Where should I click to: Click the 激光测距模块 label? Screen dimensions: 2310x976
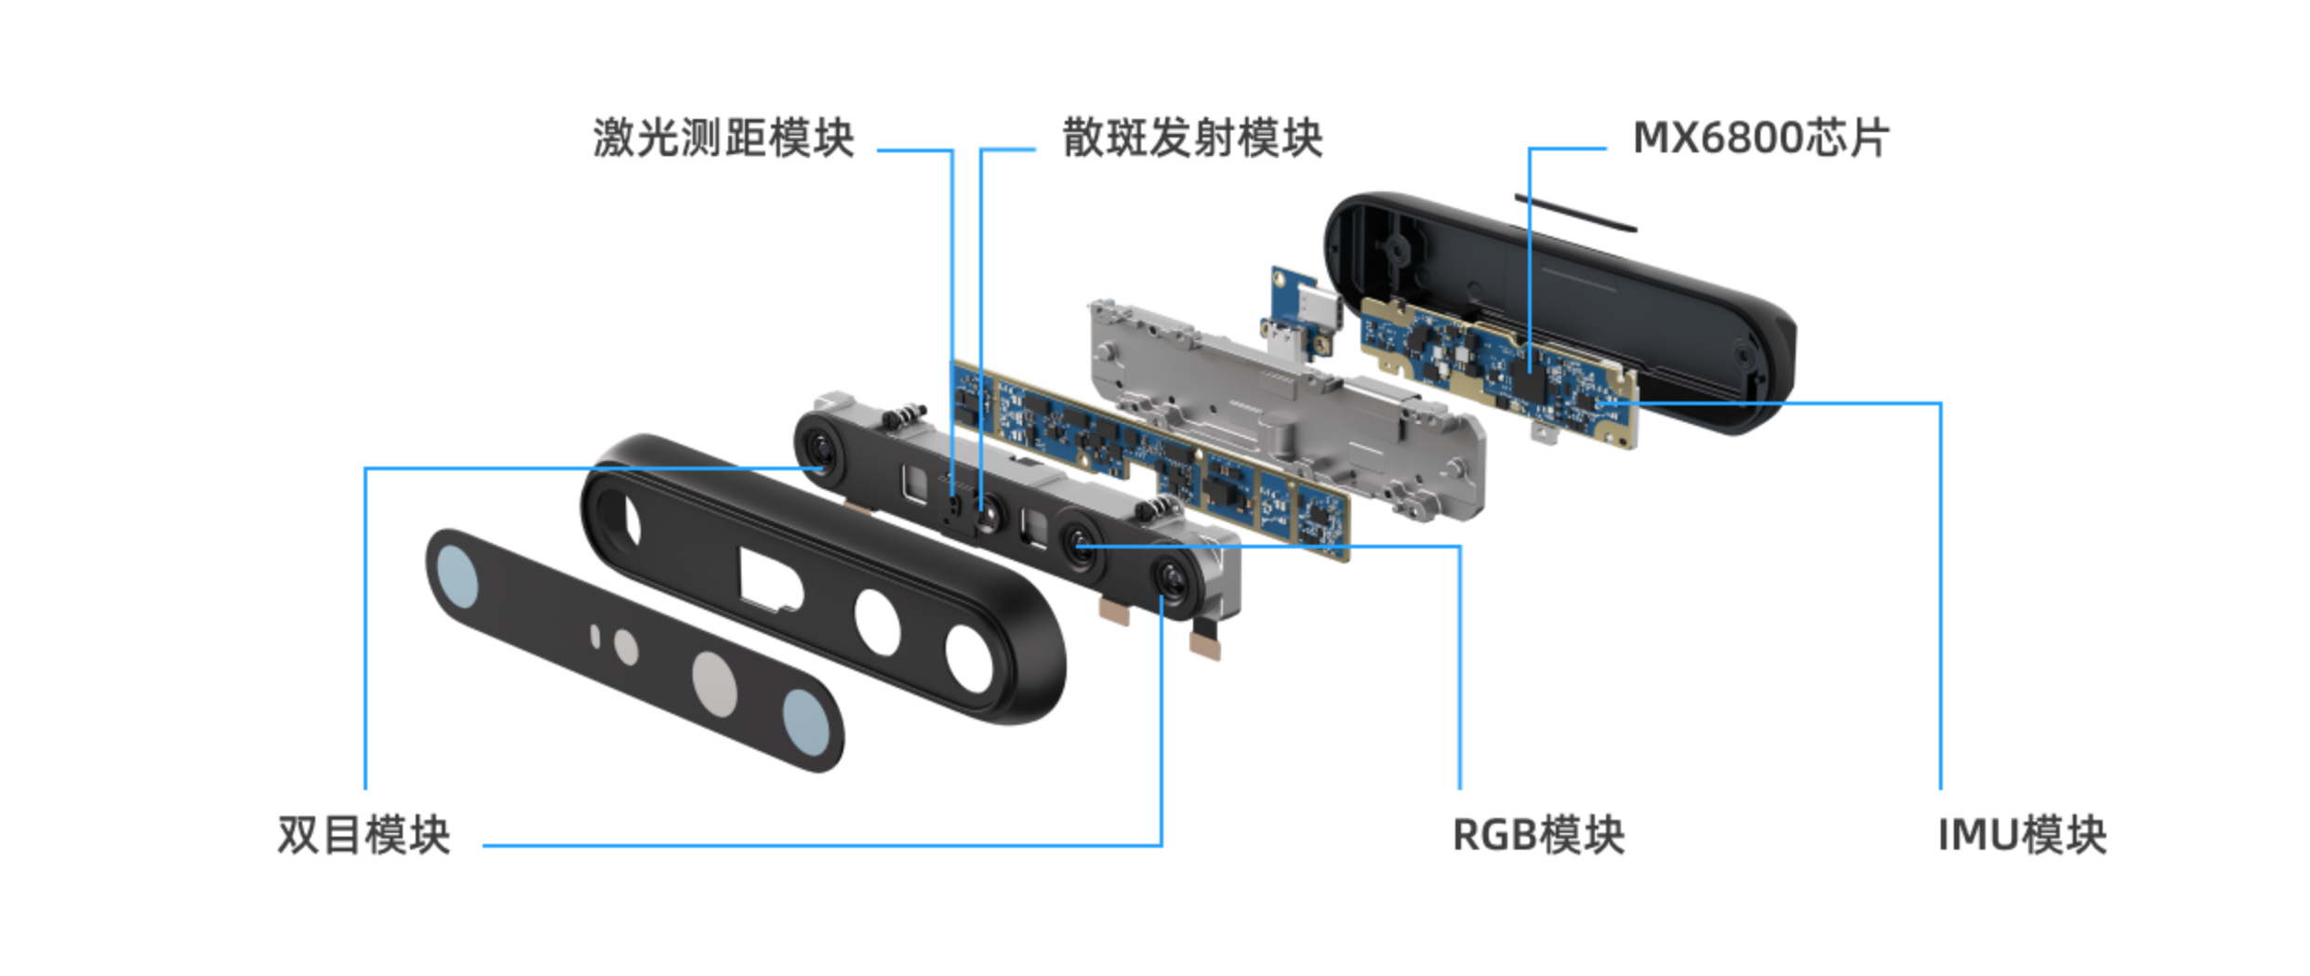[x=724, y=138]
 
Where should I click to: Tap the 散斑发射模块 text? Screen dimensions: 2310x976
[x=1192, y=138]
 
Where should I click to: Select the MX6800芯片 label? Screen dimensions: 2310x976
[x=1761, y=138]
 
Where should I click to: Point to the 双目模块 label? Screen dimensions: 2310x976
[x=364, y=834]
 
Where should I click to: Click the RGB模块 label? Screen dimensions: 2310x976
[x=1538, y=834]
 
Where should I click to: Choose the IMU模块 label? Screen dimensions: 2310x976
[x=2022, y=834]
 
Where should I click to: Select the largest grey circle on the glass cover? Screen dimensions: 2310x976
[x=714, y=685]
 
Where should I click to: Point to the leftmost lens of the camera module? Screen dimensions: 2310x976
[x=821, y=449]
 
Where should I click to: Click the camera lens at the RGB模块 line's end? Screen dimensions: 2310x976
[x=1081, y=543]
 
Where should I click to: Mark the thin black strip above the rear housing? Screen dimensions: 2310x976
[x=1575, y=212]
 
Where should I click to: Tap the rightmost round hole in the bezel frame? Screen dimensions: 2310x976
[x=970, y=657]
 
